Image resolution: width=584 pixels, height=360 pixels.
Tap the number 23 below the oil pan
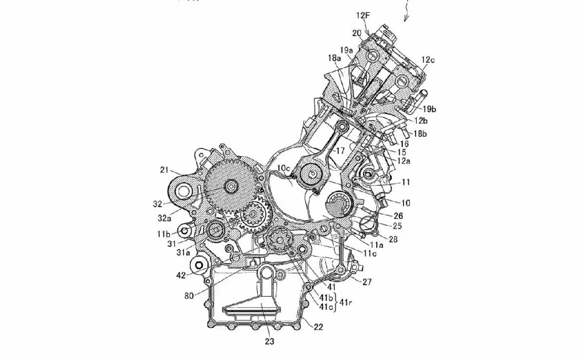point(269,342)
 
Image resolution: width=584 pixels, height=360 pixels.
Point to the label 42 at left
point(181,275)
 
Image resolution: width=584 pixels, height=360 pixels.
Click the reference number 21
point(164,170)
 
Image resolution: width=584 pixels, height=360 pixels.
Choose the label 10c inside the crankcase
point(284,169)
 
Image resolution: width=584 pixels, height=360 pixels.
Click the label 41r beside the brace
point(347,302)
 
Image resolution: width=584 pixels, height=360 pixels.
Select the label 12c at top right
point(428,60)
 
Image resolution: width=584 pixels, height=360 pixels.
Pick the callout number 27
point(367,281)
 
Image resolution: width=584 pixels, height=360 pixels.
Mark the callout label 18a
point(334,58)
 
